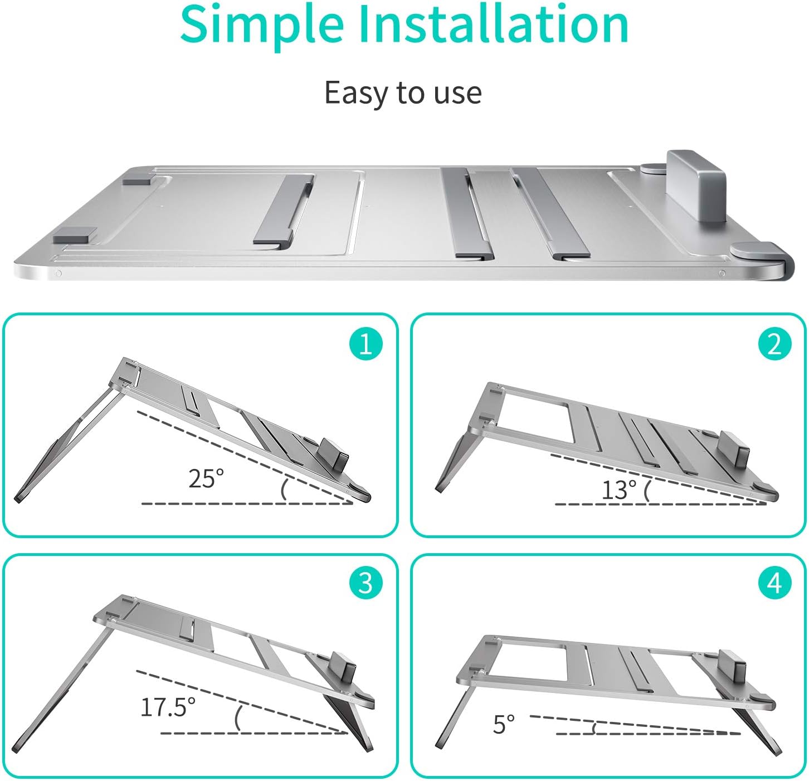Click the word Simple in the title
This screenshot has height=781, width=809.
point(261,25)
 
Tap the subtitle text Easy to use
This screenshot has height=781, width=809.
point(403,92)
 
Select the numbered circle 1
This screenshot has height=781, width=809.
point(366,345)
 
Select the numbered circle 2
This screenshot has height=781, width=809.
point(774,345)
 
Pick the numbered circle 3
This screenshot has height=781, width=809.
point(366,583)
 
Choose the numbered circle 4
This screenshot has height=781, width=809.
point(774,583)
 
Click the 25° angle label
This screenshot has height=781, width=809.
point(206,479)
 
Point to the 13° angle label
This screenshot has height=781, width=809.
point(618,490)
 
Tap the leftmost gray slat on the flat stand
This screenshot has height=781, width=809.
point(284,209)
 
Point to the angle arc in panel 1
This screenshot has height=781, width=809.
point(284,489)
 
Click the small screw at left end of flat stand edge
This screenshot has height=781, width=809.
point(58,274)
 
